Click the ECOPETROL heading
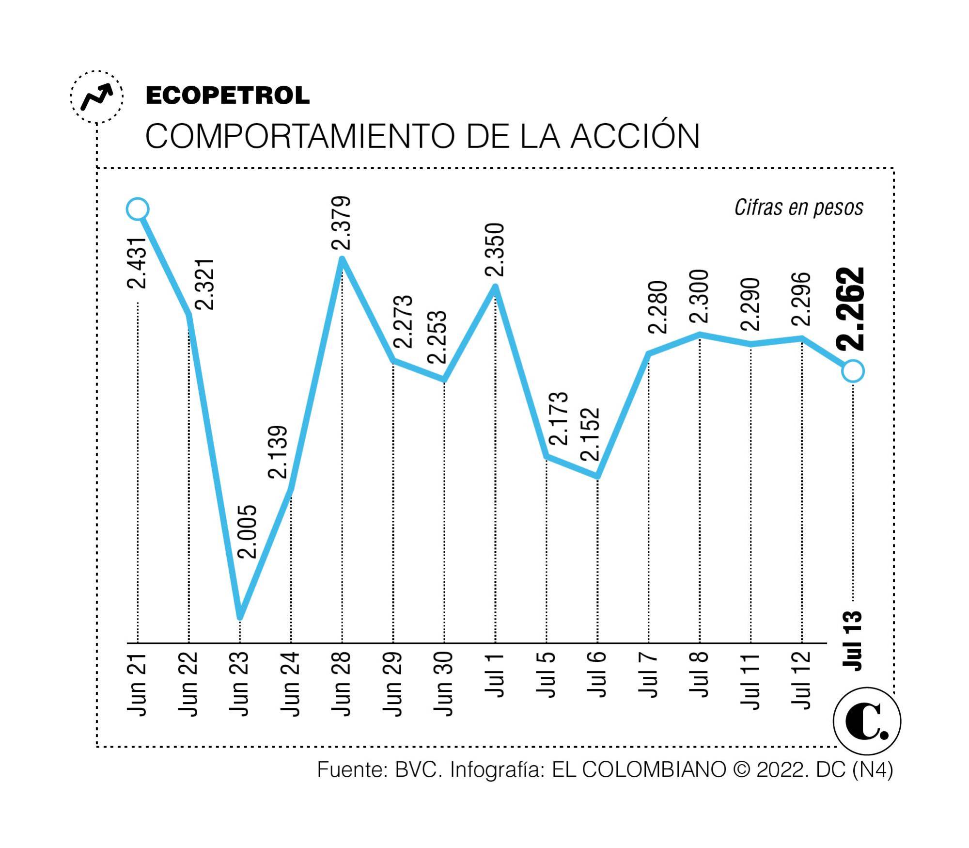click(227, 96)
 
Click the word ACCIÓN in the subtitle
click(635, 136)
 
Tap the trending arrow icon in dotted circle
click(97, 97)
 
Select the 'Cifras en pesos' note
click(799, 208)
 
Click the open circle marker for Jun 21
click(138, 209)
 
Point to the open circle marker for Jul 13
click(853, 371)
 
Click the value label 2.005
click(248, 531)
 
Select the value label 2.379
click(341, 223)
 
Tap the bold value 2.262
click(851, 308)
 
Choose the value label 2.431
click(137, 263)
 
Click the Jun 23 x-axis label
click(239, 684)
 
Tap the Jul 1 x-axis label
click(495, 676)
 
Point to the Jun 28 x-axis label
click(341, 684)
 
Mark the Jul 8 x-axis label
click(700, 676)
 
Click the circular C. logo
click(867, 721)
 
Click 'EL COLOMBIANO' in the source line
click(639, 769)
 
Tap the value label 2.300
click(699, 297)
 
